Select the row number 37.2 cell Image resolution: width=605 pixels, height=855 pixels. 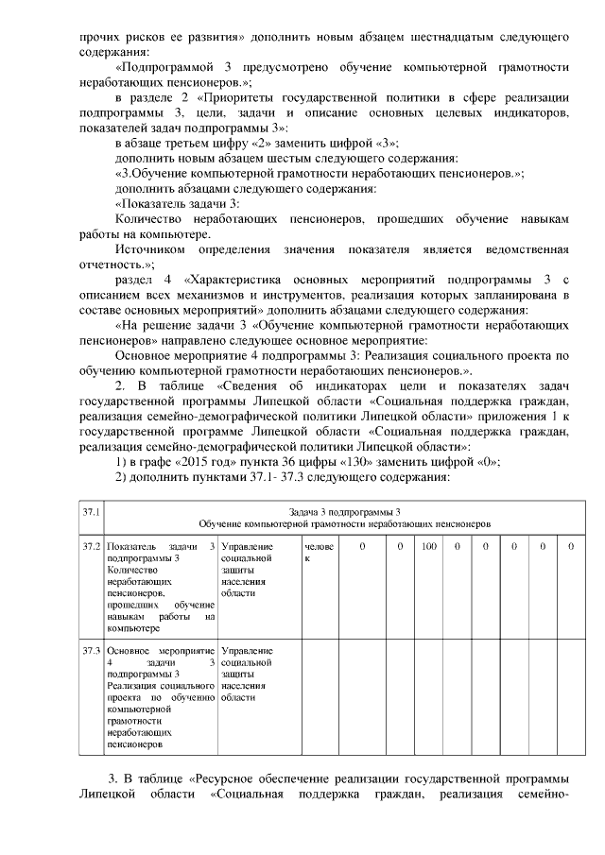(x=91, y=546)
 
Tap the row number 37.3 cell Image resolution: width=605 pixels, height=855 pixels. (x=91, y=651)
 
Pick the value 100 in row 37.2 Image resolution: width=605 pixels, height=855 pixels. (x=428, y=546)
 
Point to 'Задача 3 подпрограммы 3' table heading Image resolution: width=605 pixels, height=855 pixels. (x=344, y=510)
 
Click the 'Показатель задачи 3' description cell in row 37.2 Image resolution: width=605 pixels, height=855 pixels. (x=162, y=586)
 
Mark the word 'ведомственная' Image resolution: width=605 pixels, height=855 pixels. (x=525, y=249)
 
